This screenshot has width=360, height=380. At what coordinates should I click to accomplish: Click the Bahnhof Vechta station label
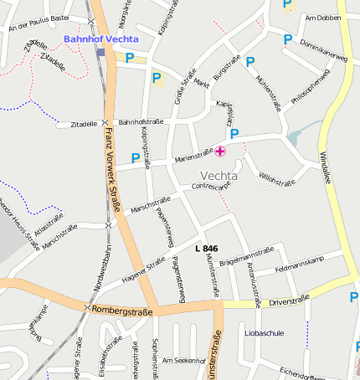pyautogui.click(x=100, y=39)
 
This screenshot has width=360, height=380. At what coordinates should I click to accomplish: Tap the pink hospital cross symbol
pyautogui.click(x=220, y=151)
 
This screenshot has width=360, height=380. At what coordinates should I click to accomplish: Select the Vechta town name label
pyautogui.click(x=219, y=177)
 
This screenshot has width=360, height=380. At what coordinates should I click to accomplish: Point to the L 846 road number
pyautogui.click(x=206, y=249)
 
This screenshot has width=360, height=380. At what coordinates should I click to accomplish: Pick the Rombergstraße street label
pyautogui.click(x=122, y=309)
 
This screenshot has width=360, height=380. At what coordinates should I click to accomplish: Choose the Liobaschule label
pyautogui.click(x=264, y=332)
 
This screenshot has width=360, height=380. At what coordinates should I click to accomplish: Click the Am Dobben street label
pyautogui.click(x=323, y=18)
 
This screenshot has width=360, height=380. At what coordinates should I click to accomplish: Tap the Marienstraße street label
pyautogui.click(x=194, y=155)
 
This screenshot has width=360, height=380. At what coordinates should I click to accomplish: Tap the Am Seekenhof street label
pyautogui.click(x=184, y=360)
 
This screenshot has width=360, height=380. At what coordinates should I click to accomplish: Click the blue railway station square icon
pyautogui.click(x=100, y=52)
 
